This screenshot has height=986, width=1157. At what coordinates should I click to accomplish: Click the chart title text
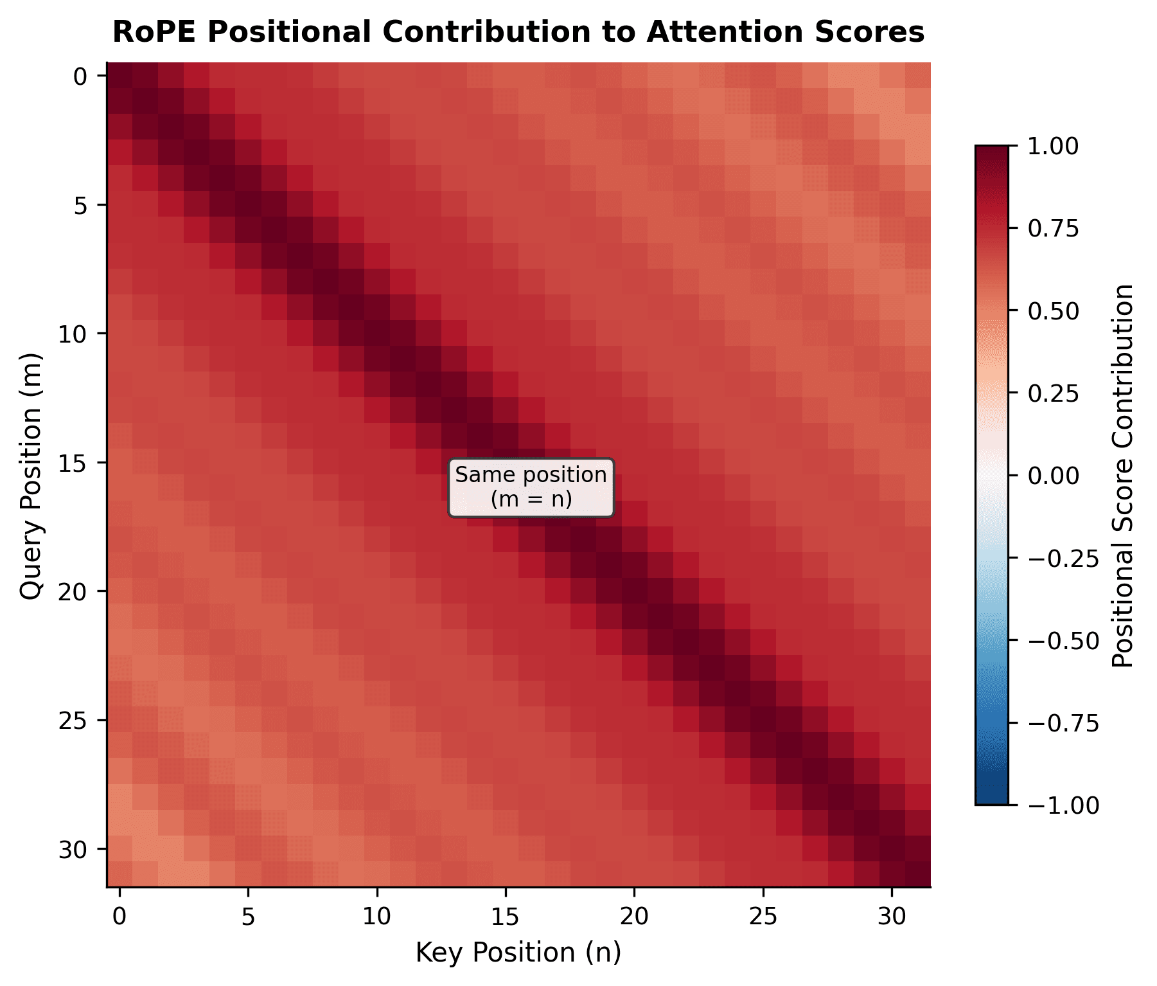pos(518,32)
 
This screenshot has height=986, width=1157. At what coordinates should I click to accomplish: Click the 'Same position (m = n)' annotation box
pos(531,487)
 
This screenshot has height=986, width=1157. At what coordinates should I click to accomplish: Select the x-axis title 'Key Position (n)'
pos(518,952)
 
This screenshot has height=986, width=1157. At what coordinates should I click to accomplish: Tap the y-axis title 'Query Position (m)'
pos(31,476)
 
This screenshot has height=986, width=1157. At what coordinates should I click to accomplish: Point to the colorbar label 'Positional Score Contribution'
pos(1122,476)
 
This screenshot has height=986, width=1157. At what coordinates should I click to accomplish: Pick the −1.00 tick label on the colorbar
pos(1063,805)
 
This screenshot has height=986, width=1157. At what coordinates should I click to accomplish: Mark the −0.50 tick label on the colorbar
pos(1063,640)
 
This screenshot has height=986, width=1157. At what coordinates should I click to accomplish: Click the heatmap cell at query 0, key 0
pos(119,76)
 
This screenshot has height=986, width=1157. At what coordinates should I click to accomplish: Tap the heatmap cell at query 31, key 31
pos(918,874)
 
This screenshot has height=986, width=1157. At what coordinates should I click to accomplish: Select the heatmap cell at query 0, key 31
pos(918,76)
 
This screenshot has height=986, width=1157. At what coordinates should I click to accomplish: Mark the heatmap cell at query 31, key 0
pos(119,874)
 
